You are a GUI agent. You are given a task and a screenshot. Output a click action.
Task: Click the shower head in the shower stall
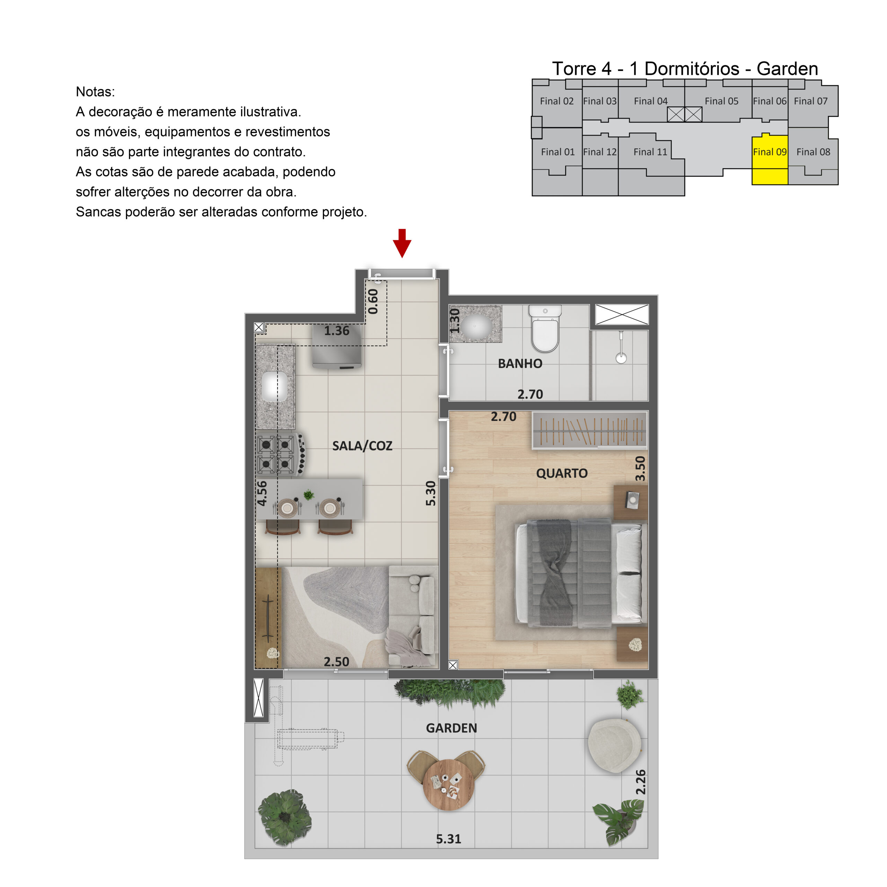click(x=621, y=358)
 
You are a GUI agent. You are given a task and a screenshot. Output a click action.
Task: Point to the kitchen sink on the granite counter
click(x=274, y=386)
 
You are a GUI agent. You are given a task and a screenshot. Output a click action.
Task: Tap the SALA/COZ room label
click(x=362, y=446)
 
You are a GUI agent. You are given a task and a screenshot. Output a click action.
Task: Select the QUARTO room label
click(x=562, y=473)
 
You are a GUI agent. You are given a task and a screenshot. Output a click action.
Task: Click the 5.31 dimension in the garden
click(x=448, y=839)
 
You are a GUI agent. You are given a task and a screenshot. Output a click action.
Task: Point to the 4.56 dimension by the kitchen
click(x=262, y=493)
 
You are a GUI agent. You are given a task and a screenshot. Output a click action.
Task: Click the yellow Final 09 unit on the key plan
click(x=770, y=161)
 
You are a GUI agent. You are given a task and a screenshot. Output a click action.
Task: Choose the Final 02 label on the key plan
click(x=556, y=101)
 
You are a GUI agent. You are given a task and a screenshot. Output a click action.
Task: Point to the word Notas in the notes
click(x=95, y=92)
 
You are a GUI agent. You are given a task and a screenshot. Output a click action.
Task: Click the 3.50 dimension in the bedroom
click(x=640, y=468)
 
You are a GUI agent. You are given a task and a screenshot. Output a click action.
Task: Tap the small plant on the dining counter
click(x=308, y=495)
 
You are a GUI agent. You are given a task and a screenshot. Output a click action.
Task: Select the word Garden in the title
click(x=787, y=69)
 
